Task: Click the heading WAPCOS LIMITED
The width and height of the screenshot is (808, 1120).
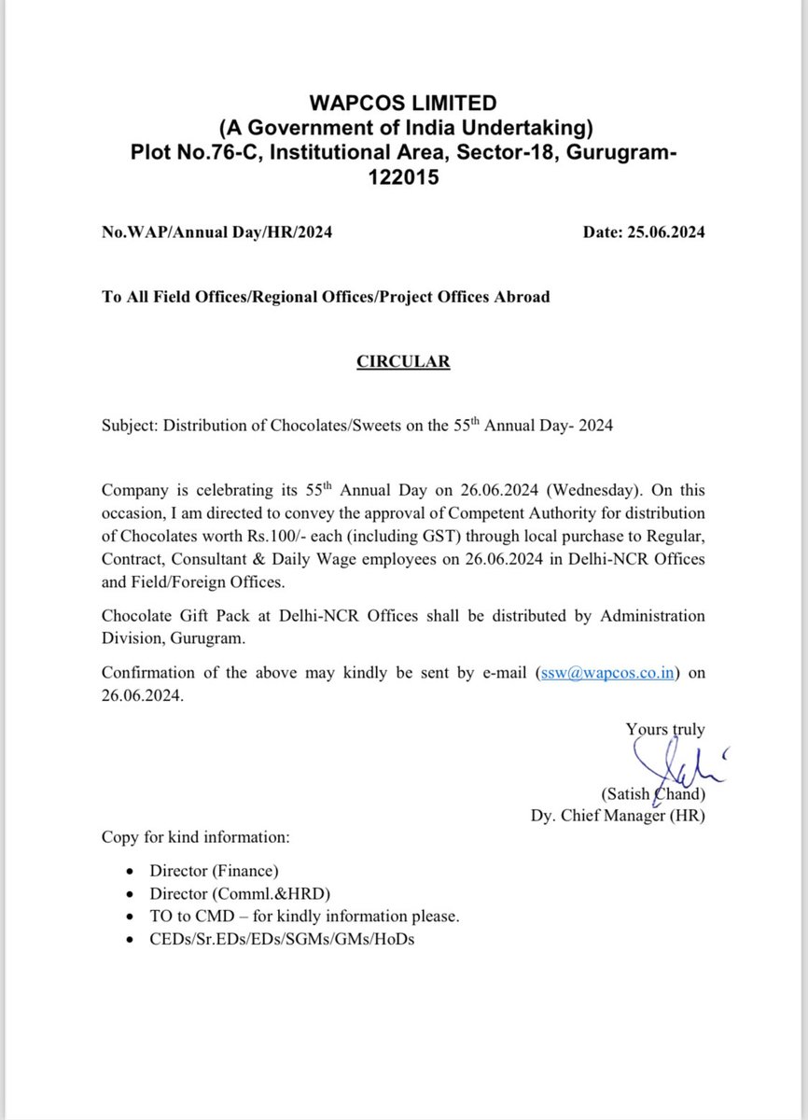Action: (x=403, y=103)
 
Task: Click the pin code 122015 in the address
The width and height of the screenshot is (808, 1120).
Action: (x=403, y=176)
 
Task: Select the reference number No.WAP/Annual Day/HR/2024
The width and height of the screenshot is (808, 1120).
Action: (x=216, y=232)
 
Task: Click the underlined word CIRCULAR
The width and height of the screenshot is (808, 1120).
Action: (x=403, y=361)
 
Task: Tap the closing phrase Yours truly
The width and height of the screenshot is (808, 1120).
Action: (x=665, y=730)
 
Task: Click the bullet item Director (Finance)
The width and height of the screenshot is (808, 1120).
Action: (x=214, y=871)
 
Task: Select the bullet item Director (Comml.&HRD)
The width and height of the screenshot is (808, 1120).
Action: (x=240, y=893)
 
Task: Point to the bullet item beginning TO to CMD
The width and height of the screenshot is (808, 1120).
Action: (x=303, y=916)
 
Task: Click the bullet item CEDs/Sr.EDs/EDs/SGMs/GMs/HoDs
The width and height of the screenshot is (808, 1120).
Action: (x=282, y=939)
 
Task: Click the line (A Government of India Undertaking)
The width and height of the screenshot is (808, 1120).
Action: (x=403, y=127)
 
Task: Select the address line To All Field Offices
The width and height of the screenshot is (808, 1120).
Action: (x=325, y=297)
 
